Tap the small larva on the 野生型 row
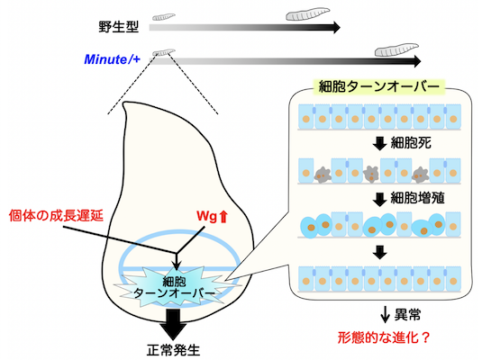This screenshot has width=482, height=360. pyautogui.click(x=163, y=15)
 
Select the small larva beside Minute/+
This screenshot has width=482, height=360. pyautogui.click(x=163, y=52)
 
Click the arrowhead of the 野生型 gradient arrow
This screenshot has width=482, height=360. pyautogui.click(x=335, y=27)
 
